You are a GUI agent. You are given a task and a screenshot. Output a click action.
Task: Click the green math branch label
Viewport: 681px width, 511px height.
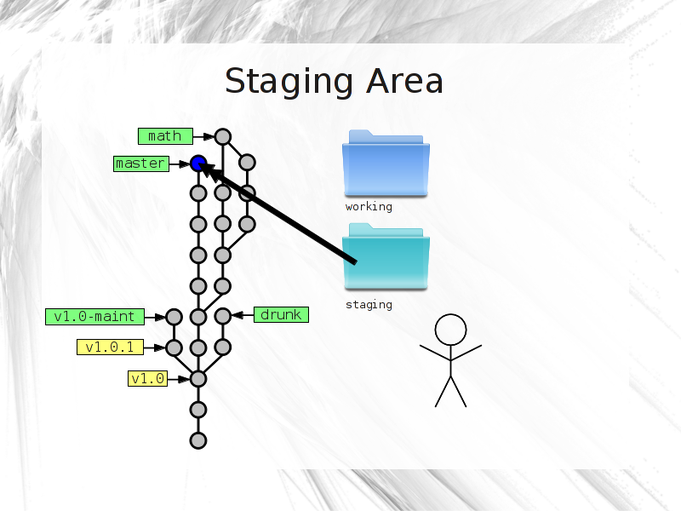(x=165, y=136)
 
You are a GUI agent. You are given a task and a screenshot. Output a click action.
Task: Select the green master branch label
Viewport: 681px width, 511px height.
(x=141, y=164)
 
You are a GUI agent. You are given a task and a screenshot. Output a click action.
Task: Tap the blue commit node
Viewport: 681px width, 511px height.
(x=198, y=164)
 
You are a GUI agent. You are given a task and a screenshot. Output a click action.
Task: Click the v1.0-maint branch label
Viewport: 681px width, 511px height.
(x=94, y=316)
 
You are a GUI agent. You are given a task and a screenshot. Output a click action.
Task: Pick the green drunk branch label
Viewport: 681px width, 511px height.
(x=281, y=314)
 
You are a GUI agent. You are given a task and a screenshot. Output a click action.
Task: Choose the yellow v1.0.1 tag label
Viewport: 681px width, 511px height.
(x=110, y=347)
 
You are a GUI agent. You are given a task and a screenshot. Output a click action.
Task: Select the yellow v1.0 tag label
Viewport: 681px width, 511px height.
(x=147, y=378)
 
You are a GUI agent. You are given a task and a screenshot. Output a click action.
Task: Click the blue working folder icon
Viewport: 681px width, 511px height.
(x=386, y=164)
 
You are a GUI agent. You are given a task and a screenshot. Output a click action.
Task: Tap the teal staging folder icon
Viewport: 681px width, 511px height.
(x=386, y=256)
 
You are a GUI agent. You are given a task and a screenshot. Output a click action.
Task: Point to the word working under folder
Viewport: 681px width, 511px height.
(x=369, y=207)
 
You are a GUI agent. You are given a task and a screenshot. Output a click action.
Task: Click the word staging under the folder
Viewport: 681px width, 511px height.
(x=369, y=305)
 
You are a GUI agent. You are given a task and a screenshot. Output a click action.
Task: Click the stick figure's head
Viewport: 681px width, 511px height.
(x=451, y=330)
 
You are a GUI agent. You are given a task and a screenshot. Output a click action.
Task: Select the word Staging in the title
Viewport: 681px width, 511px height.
(x=289, y=82)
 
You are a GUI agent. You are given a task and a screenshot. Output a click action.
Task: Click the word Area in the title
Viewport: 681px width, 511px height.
(x=404, y=81)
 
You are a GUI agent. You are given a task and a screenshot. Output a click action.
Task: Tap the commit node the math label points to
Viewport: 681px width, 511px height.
(x=223, y=137)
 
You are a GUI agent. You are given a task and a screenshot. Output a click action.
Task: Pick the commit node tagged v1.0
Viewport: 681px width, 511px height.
(x=198, y=379)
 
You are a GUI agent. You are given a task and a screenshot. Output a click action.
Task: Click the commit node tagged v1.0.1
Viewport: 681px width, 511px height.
(x=174, y=347)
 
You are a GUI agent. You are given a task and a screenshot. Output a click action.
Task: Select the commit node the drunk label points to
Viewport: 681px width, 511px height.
(x=223, y=316)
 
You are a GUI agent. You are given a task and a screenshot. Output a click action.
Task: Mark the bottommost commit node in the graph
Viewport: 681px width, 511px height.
(x=198, y=440)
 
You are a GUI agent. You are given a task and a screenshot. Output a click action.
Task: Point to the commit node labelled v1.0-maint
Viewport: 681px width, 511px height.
(x=174, y=317)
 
